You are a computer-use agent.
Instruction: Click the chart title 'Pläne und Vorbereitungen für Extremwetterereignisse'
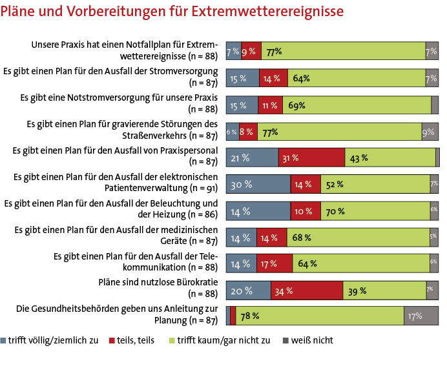pos(172,12)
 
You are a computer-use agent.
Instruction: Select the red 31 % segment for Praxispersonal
pos(311,158)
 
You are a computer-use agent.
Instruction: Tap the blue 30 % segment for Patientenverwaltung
pos(258,185)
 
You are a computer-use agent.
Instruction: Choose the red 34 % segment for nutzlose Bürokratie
pos(306,290)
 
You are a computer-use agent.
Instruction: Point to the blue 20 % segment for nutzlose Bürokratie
pos(248,290)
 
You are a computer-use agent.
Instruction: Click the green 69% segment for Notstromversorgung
pos(357,105)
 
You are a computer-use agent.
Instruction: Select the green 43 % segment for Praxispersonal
pos(390,158)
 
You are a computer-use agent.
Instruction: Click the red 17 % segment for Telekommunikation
pos(276,263)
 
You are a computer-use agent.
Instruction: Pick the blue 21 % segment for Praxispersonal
pos(252,158)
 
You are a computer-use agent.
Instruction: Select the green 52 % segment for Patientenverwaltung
pos(375,185)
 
